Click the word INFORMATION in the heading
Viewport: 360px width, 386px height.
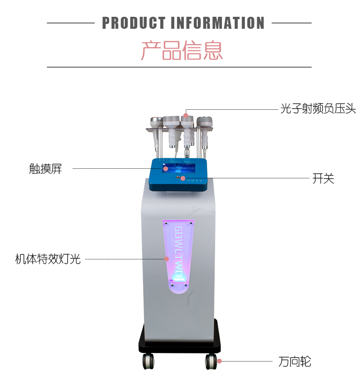pyautogui.click(x=217, y=23)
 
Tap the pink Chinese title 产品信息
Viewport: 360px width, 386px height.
pyautogui.click(x=181, y=50)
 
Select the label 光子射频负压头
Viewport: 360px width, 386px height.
pyautogui.click(x=318, y=109)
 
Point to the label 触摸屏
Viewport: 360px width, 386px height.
pyautogui.click(x=46, y=169)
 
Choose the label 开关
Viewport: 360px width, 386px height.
pyautogui.click(x=323, y=179)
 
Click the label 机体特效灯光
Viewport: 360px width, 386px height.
pyautogui.click(x=48, y=259)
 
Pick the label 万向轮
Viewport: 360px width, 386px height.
pyautogui.click(x=295, y=361)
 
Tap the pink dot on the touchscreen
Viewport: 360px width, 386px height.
pyautogui.click(x=165, y=168)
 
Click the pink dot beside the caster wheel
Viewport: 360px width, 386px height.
pyautogui.click(x=219, y=361)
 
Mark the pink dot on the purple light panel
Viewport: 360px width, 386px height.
pyautogui.click(x=167, y=259)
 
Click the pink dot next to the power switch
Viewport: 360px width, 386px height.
pyautogui.click(x=183, y=178)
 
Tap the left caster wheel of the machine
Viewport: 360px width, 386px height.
pyautogui.click(x=148, y=361)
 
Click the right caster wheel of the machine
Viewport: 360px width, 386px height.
pyautogui.click(x=211, y=361)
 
